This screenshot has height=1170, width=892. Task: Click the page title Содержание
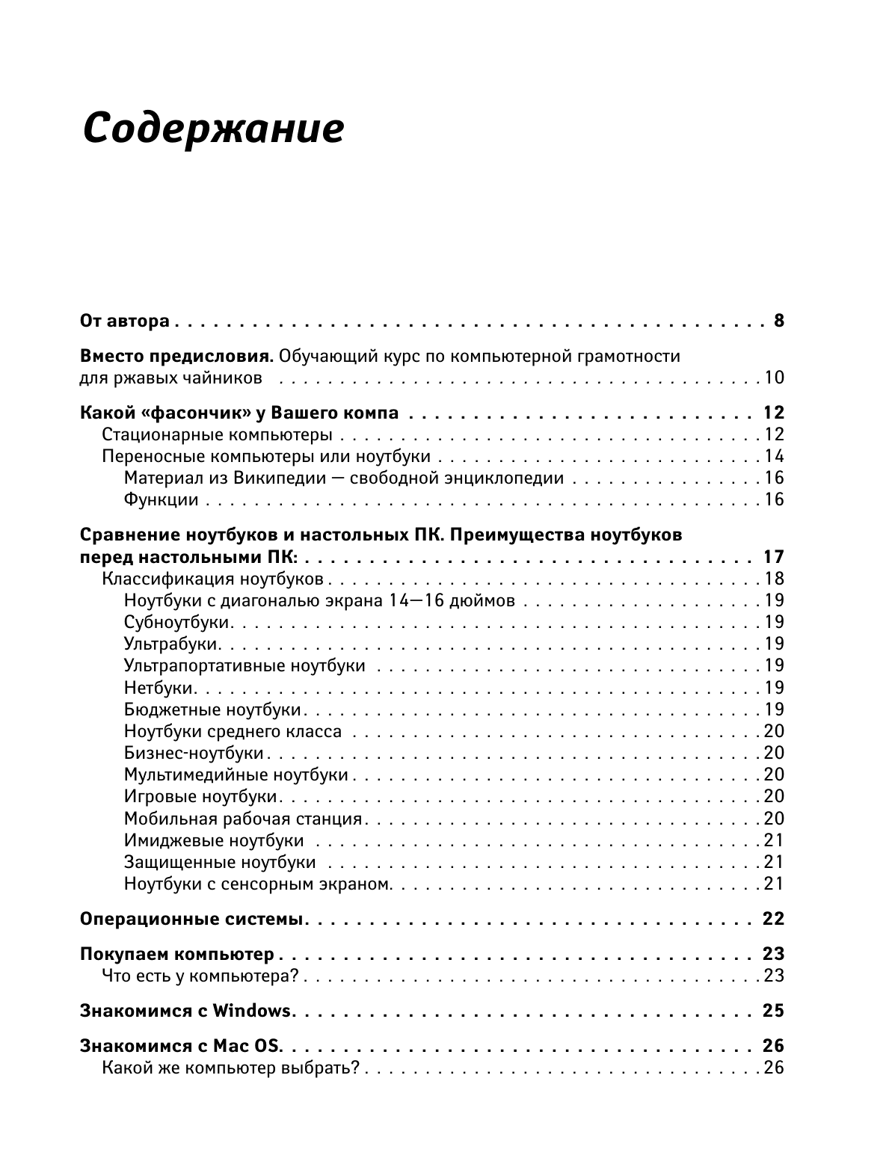[x=213, y=128]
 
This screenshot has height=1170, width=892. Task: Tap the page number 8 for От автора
[x=778, y=321]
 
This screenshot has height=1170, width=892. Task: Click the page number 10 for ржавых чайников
[x=773, y=378]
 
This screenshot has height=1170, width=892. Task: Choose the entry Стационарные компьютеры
[x=218, y=434]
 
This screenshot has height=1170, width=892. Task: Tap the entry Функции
[x=161, y=499]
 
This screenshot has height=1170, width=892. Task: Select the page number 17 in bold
[x=772, y=557]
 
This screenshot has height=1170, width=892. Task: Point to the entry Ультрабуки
[x=171, y=644]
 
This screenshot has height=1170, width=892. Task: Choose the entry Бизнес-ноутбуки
[x=194, y=753]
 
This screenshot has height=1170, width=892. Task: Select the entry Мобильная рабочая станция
[x=243, y=819]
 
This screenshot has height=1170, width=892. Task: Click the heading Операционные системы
[x=191, y=919]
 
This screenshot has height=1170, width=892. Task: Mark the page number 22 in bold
[x=772, y=919]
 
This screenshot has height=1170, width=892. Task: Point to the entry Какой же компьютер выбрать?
[x=231, y=1068]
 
